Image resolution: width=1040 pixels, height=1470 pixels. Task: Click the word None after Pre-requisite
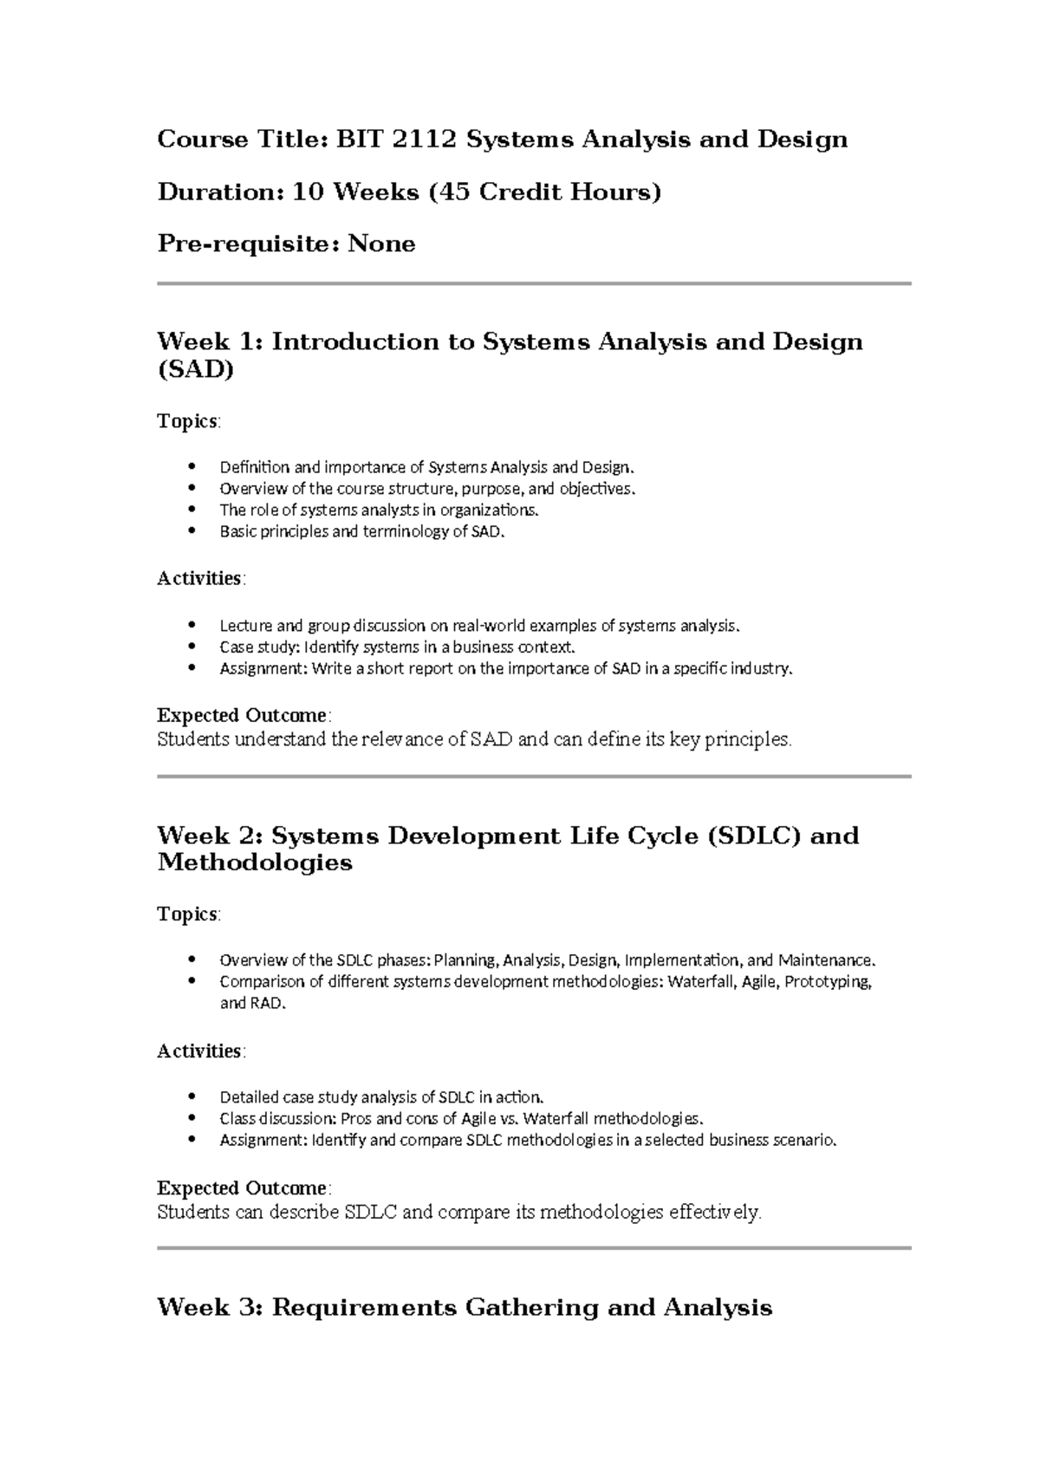coord(381,244)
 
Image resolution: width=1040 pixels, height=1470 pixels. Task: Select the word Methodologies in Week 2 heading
coord(255,862)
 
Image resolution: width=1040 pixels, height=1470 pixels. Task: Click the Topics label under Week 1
coord(187,421)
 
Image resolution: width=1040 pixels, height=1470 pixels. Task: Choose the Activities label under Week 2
coord(199,1050)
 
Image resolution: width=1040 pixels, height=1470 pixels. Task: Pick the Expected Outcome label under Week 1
coord(242,715)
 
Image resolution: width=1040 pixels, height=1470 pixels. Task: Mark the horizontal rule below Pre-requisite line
coord(534,283)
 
